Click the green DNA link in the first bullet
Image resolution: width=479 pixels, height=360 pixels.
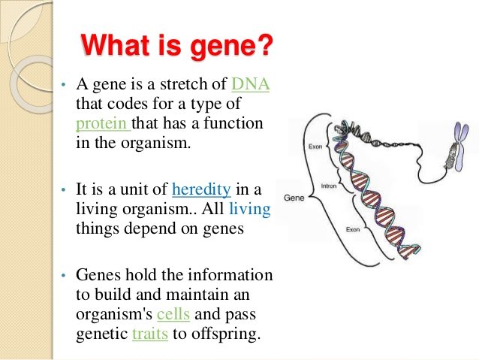coord(252,84)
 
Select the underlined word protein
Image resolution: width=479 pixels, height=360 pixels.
coord(101,123)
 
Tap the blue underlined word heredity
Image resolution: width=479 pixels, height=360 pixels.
coord(201,190)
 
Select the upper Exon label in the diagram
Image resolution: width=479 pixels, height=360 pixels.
coord(315,147)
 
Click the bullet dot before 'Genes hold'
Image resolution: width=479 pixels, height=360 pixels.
coord(66,275)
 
